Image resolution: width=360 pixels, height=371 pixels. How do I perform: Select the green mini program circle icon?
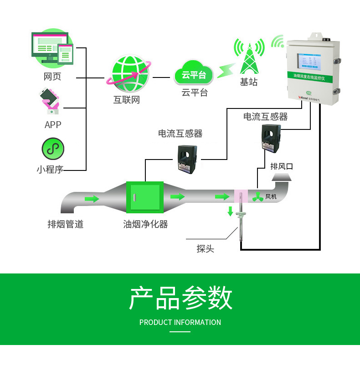[x=53, y=149]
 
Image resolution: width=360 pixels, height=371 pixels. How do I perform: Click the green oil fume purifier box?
[x=145, y=197]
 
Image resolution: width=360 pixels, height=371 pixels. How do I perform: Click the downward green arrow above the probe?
[x=230, y=211]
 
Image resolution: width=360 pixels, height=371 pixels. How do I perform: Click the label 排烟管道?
[x=66, y=224]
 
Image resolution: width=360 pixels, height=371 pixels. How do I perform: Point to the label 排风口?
[x=282, y=166]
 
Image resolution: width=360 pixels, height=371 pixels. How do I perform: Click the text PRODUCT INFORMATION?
[x=180, y=322]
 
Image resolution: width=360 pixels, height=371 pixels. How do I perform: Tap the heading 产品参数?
[x=180, y=299]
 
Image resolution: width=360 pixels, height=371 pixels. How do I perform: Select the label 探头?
[x=205, y=249]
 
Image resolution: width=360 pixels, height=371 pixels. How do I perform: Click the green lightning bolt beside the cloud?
[x=224, y=70]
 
